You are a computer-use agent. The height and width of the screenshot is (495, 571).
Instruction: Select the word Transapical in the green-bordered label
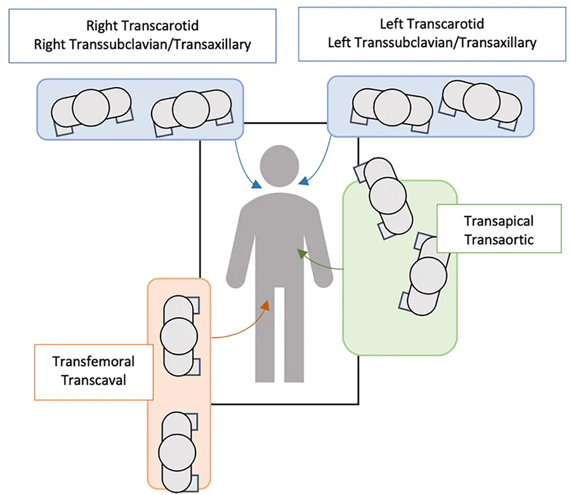click(x=499, y=221)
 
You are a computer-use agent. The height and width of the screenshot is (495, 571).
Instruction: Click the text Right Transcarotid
click(x=143, y=26)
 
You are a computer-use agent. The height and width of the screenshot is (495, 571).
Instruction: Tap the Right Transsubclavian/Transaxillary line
click(x=143, y=44)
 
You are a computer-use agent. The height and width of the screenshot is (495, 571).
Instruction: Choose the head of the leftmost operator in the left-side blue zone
click(x=91, y=106)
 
